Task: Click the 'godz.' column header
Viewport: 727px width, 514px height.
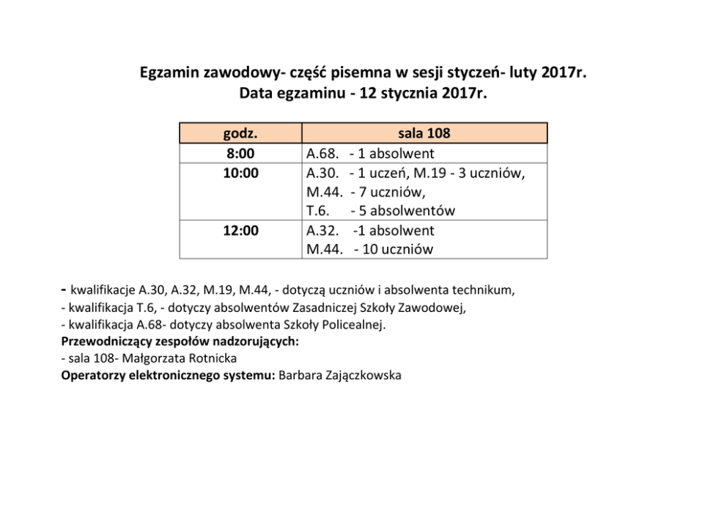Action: [x=240, y=133]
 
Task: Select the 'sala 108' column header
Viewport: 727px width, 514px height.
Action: [x=424, y=133]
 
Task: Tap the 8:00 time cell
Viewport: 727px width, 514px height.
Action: [x=240, y=154]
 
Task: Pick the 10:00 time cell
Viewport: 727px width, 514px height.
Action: [x=240, y=173]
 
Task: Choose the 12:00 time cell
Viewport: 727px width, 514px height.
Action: [x=240, y=231]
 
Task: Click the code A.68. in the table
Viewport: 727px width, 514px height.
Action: [x=322, y=154]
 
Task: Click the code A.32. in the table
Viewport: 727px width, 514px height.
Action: [x=322, y=231]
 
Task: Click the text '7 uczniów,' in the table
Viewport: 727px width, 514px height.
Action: [x=393, y=193]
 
